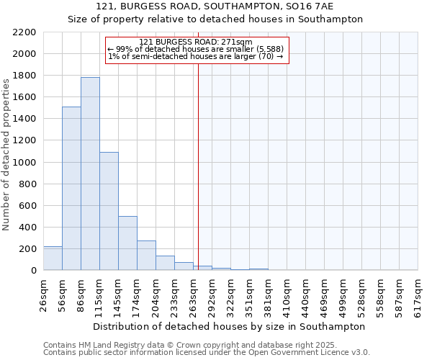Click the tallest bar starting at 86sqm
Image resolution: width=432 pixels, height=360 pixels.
(90, 174)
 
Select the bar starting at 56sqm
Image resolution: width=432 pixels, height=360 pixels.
(71, 189)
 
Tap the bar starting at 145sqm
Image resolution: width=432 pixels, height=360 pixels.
(127, 243)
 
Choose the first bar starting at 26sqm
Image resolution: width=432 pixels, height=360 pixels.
(53, 258)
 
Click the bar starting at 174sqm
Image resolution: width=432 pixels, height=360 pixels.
(146, 256)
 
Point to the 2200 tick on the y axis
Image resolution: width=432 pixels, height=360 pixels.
(24, 32)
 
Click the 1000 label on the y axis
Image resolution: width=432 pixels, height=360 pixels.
(24, 163)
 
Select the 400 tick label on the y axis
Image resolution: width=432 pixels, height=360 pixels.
(27, 228)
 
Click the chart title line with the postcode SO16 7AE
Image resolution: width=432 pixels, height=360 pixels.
(215, 6)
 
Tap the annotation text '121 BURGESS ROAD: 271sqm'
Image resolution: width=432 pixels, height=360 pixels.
(196, 42)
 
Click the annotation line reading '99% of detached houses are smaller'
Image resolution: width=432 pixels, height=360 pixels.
(196, 49)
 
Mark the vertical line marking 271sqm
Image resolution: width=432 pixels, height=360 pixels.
(198, 166)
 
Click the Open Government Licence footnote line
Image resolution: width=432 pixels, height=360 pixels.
(207, 353)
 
